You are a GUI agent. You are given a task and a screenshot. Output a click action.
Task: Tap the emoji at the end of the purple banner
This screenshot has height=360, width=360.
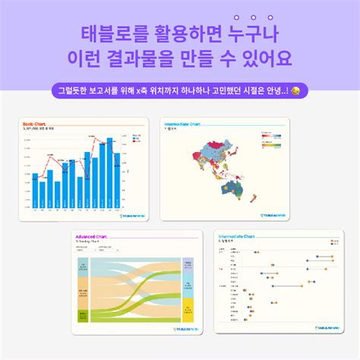(295, 90)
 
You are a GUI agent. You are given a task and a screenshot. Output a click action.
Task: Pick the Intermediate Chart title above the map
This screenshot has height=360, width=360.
(182, 123)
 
